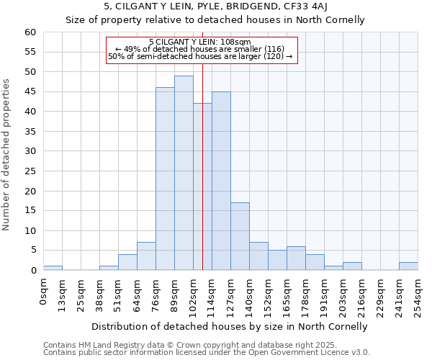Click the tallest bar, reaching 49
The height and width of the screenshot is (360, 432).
[x=184, y=173]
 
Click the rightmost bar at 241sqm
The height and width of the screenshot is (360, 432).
[x=408, y=266]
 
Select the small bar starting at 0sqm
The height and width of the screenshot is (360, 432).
[x=53, y=268]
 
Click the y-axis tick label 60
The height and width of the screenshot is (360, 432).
[x=30, y=32]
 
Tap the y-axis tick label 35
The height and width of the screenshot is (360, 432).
[x=30, y=132]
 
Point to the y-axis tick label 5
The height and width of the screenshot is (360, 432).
[x=32, y=251]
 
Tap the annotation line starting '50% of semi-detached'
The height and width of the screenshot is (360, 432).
[x=200, y=56]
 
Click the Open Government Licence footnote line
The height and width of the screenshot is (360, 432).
[x=206, y=353]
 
